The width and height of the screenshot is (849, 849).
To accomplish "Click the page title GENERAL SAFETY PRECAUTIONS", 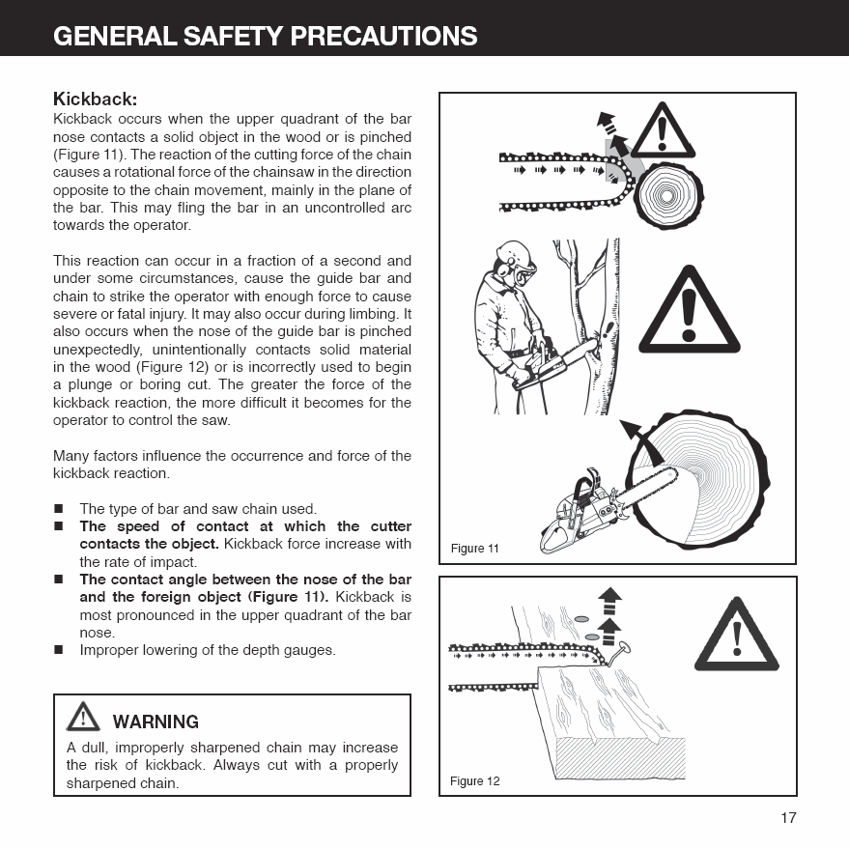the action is pos(266,36).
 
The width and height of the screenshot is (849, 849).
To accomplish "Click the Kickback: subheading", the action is pos(96,99).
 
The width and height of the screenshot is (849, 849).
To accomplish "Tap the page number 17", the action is pos(788,817).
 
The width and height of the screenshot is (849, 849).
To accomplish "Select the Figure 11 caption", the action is pos(474,549).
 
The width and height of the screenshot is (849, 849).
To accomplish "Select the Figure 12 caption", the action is pos(475,780).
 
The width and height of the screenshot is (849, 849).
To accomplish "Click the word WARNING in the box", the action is pos(156,722).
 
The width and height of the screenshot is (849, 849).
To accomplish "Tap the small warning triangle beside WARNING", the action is pos(83,717).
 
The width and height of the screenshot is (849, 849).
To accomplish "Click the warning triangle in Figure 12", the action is pos(736,637).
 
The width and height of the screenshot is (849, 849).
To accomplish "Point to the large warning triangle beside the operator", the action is pos(689,311).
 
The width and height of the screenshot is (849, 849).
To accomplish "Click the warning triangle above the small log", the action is pos(663,131).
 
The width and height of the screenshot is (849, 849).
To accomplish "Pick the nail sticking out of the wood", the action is pos(617,654).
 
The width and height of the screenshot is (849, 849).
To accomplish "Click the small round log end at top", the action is pos(668,195).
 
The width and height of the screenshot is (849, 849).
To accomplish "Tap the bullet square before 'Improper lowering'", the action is pos(59,650).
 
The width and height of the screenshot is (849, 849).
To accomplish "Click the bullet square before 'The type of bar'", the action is pos(59,509).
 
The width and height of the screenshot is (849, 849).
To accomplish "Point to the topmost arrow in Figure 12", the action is pos(609,600).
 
